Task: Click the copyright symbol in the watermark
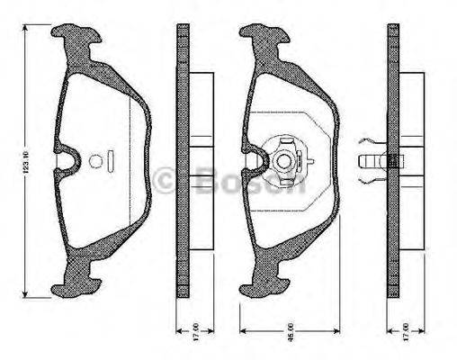tap(167, 179)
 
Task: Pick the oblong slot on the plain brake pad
tap(109, 163)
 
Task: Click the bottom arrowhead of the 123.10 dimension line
tap(29, 298)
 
